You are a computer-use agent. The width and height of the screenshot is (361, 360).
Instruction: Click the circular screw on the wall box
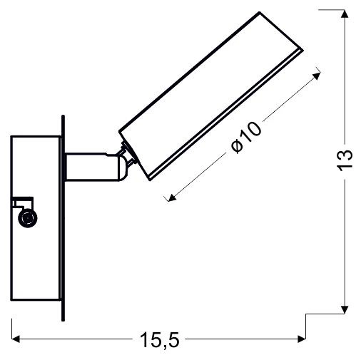coord(28,220)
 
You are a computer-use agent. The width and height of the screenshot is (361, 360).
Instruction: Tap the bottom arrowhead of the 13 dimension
coord(344,308)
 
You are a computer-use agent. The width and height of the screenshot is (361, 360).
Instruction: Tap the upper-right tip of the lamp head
coord(301,54)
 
